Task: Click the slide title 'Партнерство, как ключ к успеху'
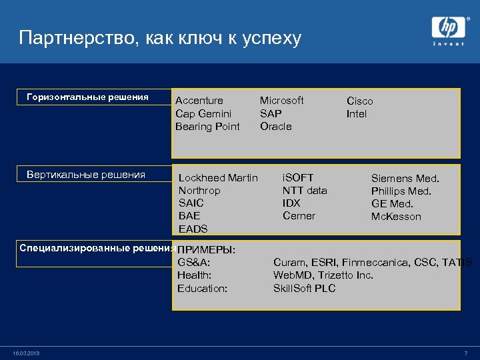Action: (160, 37)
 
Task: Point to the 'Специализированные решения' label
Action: (97, 248)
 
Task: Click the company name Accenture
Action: (199, 101)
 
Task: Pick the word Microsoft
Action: (281, 100)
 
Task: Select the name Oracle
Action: (275, 126)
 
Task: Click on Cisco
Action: (359, 101)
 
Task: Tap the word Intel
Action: (356, 113)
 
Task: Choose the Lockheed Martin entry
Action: (218, 178)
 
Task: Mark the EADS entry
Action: (193, 229)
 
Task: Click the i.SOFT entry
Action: (297, 178)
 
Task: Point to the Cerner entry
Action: (299, 216)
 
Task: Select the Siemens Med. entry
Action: (405, 179)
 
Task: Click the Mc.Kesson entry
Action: (396, 217)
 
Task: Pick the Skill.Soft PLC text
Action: (304, 288)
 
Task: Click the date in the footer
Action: (26, 353)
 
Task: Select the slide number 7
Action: (465, 353)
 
